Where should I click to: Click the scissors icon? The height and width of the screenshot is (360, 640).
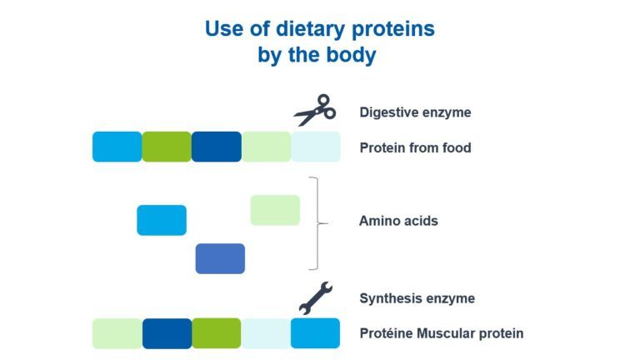(315, 110)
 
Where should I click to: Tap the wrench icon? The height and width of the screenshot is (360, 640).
(316, 298)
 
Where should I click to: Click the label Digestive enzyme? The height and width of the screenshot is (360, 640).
(415, 112)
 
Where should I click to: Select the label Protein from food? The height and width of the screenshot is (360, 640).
(415, 147)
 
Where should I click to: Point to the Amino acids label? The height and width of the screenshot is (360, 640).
(398, 221)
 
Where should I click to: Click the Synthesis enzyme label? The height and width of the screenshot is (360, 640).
(417, 298)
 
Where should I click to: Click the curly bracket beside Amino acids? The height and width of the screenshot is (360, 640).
(318, 223)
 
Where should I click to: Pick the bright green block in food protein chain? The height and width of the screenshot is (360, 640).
(167, 147)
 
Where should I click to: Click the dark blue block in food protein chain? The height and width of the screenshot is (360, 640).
(217, 147)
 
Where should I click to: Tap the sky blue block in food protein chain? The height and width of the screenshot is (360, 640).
(117, 147)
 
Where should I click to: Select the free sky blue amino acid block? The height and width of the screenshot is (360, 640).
(162, 220)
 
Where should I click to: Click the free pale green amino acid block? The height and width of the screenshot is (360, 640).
(275, 210)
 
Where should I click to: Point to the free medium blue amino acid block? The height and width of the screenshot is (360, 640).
(220, 259)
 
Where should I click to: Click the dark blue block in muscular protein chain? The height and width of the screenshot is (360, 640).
(167, 333)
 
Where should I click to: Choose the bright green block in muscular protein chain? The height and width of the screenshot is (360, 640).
(217, 333)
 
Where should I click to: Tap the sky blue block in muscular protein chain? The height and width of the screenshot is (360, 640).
(315, 333)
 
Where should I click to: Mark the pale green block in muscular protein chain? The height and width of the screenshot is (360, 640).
(117, 333)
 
